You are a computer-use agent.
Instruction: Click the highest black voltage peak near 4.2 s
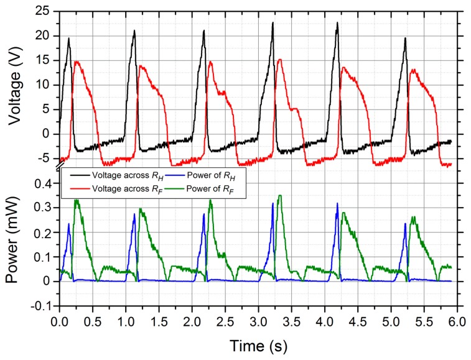click(337, 23)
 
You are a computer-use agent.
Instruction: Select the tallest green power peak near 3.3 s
click(279, 196)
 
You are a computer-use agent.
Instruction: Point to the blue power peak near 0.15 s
click(68, 224)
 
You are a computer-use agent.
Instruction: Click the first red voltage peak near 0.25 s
click(76, 61)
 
